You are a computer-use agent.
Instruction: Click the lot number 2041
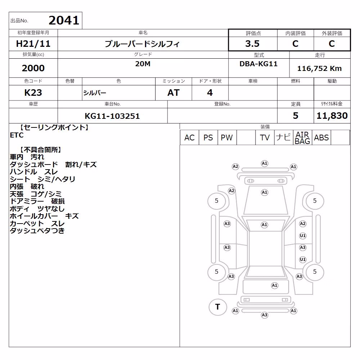coord(64,21)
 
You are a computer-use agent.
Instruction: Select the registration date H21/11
coord(33,44)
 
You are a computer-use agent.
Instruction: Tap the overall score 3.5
coord(252,44)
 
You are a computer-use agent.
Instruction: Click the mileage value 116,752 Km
coord(319,68)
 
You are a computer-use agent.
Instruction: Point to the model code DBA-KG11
coord(258,64)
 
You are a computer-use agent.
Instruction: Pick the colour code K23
coord(33,93)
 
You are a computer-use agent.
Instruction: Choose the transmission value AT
coord(174,93)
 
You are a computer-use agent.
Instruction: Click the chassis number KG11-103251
coord(112,116)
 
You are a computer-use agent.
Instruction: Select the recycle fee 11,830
coord(332,116)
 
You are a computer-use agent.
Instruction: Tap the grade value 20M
coord(143,64)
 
